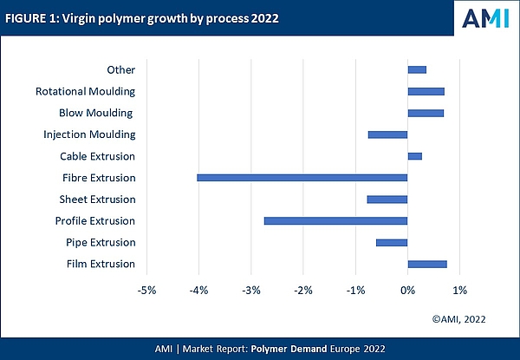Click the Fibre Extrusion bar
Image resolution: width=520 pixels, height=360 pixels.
pyautogui.click(x=302, y=178)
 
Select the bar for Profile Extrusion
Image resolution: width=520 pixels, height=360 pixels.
pyautogui.click(x=335, y=221)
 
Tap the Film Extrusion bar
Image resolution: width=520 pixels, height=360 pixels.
pyautogui.click(x=427, y=264)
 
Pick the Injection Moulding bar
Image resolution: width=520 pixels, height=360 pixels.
pyautogui.click(x=387, y=134)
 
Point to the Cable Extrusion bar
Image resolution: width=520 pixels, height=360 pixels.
pyautogui.click(x=414, y=156)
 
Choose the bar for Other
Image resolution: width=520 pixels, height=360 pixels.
pyautogui.click(x=417, y=69)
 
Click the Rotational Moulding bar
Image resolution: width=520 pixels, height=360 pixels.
pyautogui.click(x=426, y=91)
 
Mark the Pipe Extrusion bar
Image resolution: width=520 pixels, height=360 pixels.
pyautogui.click(x=392, y=242)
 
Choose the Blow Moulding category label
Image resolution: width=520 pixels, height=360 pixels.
pyautogui.click(x=97, y=113)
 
